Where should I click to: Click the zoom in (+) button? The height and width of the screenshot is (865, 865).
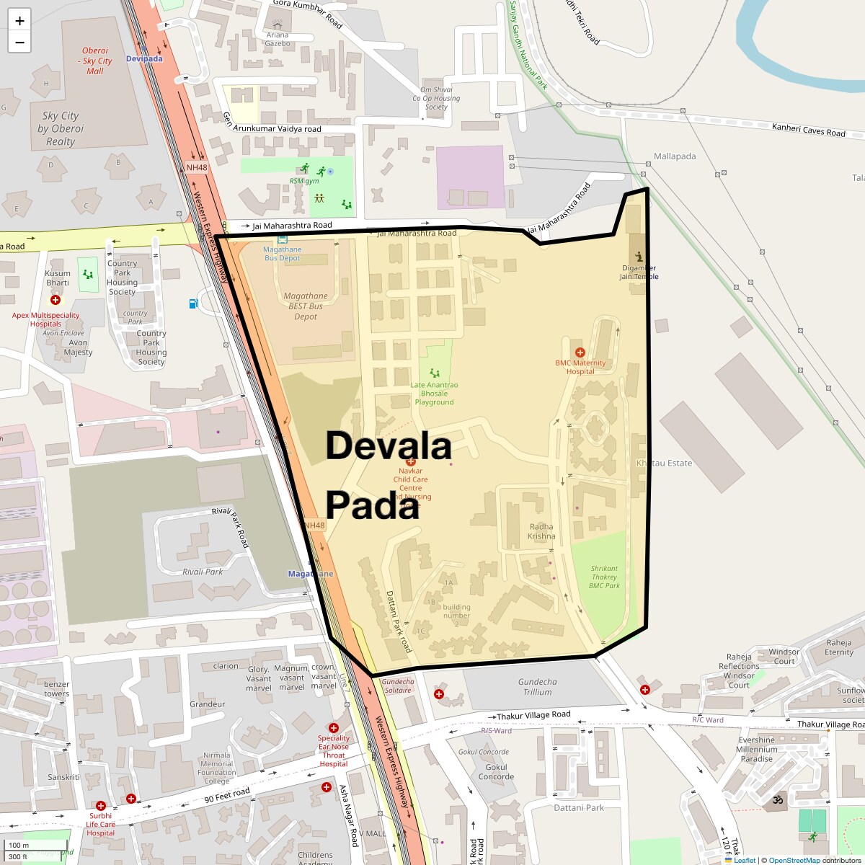tap(19, 21)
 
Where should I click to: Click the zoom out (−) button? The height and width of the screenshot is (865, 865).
tap(19, 43)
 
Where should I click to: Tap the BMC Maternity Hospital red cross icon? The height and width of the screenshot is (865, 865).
tap(580, 352)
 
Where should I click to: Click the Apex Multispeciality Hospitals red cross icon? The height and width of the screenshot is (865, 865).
tap(56, 300)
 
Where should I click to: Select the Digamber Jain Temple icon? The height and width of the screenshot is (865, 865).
tap(639, 257)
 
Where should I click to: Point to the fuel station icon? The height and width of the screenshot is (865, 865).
tap(193, 303)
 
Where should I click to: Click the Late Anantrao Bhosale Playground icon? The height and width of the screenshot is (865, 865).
tap(435, 373)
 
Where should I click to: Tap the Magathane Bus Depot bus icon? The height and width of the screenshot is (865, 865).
tap(282, 239)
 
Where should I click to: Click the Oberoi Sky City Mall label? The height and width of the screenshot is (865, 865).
tap(95, 61)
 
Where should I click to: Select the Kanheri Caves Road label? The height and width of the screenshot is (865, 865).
tap(808, 130)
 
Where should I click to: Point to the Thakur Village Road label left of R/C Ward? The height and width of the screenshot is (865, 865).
tap(533, 715)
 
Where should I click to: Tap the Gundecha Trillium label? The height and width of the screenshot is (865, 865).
tap(537, 686)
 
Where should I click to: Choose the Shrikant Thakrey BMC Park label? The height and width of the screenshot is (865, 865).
tap(604, 577)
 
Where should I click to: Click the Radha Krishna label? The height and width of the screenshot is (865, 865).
tap(541, 531)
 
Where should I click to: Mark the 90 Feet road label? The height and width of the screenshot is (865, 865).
tap(226, 795)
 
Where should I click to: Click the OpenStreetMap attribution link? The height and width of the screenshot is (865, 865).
tap(794, 860)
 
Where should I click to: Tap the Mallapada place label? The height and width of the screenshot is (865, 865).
tap(675, 156)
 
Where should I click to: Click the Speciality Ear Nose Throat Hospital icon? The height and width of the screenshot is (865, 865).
tap(333, 728)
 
